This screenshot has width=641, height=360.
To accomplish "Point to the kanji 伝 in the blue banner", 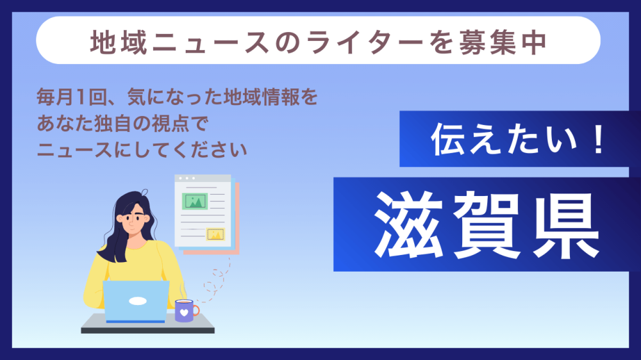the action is pos(447,140).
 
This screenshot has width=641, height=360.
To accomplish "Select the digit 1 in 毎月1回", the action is pos(81,97).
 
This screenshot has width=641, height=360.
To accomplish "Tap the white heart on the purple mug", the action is pos(184,313).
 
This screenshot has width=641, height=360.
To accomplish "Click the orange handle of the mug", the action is pos(196,311).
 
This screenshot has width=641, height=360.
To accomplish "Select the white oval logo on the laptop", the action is pos(138,301).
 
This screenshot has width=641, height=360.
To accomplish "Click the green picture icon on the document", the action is pos(195,201).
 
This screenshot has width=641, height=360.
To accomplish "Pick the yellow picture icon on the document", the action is pos(215,234).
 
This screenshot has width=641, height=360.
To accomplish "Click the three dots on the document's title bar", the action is pos(187,178).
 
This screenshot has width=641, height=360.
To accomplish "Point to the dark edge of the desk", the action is pos(147,331).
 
